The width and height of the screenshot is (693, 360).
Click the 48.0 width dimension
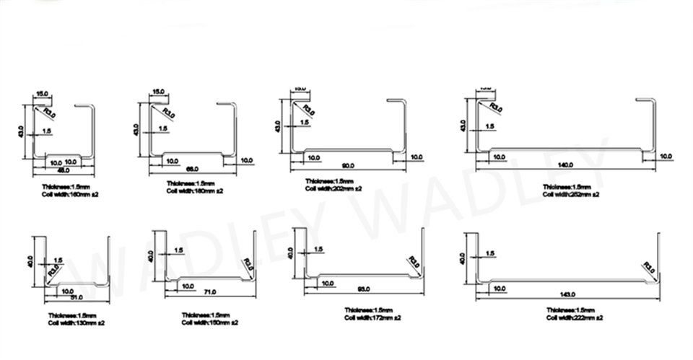[x=64, y=171]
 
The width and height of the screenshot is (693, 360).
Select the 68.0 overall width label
[x=192, y=169]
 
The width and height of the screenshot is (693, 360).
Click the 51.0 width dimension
[x=76, y=297]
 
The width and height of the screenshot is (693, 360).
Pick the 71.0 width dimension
[x=210, y=292]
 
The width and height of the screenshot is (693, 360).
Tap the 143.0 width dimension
[x=567, y=296]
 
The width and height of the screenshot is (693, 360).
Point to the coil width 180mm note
[x=195, y=191]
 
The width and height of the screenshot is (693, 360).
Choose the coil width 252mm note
[x=571, y=194]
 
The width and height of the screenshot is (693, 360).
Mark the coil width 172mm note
[x=372, y=317]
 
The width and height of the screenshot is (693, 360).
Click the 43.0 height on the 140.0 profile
[x=463, y=126]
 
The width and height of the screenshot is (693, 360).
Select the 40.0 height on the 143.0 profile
[x=463, y=258]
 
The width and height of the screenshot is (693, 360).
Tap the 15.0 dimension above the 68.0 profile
[x=157, y=92]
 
